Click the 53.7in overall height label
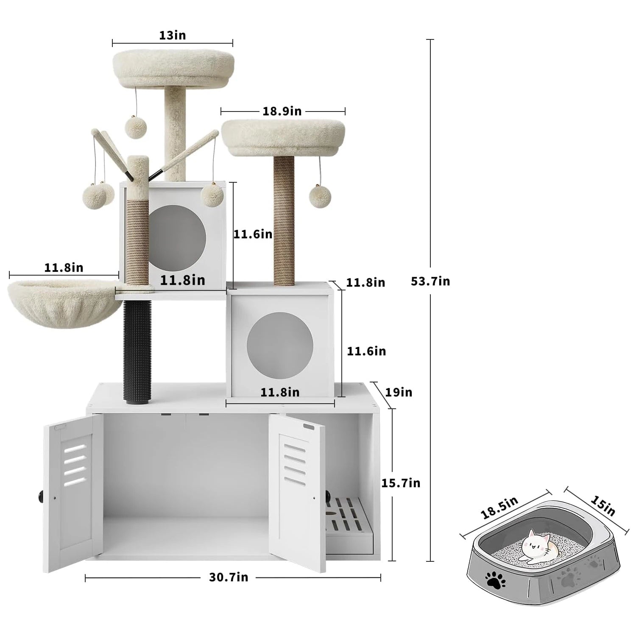point(430,281)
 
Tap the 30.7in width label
point(229,577)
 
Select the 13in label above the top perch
point(173,35)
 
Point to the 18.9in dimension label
point(282,111)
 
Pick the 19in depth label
point(399,392)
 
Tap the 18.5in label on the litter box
point(499,508)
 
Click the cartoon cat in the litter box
point(536,546)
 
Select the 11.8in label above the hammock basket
point(64,268)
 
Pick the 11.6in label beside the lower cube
point(366,351)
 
